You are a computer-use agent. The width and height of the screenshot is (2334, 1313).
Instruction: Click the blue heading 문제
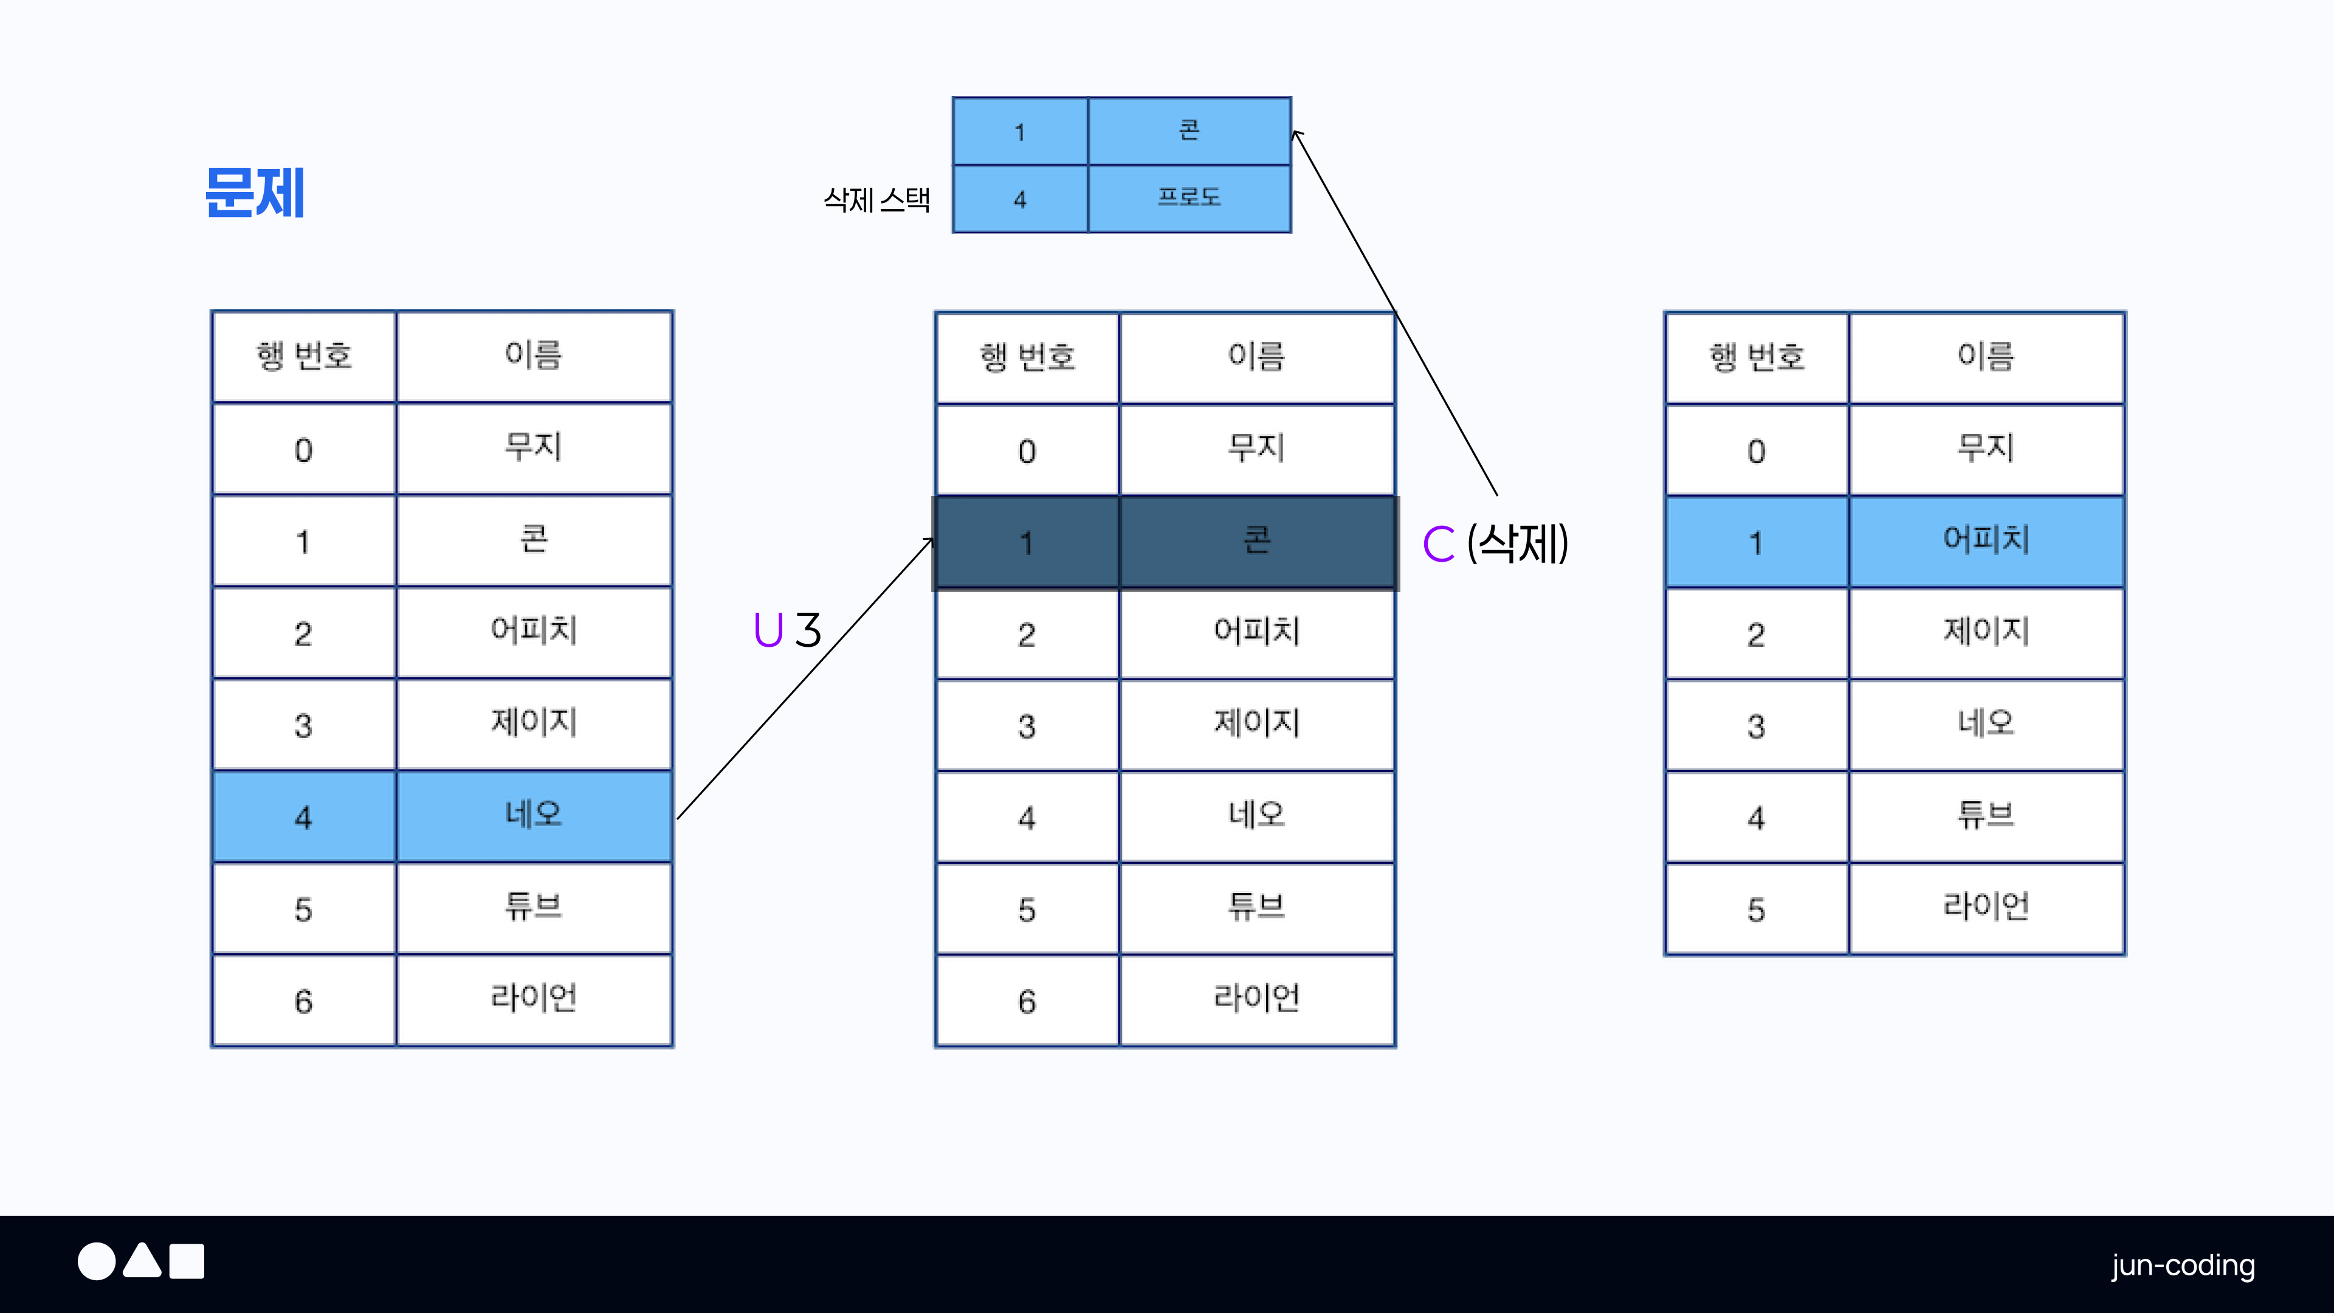(255, 193)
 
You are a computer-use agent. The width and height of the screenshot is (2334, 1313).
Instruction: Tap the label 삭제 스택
(876, 199)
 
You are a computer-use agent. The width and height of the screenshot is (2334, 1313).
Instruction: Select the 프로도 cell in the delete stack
(1189, 198)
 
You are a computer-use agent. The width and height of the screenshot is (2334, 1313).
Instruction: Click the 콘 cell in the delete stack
(1189, 131)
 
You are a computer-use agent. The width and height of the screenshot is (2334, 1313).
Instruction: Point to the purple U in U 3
(768, 630)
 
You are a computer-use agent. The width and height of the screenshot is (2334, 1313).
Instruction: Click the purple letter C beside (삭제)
(1438, 543)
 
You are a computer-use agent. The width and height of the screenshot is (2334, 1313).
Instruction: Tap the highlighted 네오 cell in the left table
(534, 816)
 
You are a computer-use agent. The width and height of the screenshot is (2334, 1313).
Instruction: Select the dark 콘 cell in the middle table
(1257, 542)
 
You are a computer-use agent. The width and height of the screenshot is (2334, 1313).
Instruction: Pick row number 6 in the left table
(303, 1001)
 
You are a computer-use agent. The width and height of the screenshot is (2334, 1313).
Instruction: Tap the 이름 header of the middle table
(1257, 357)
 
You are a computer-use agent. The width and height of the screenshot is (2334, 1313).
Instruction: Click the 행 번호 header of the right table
(1756, 357)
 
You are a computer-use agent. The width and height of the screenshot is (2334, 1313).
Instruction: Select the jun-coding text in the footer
(2183, 1265)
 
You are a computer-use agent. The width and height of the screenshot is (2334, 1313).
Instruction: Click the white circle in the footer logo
(96, 1261)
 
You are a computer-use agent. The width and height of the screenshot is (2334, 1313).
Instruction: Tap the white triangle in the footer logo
(142, 1261)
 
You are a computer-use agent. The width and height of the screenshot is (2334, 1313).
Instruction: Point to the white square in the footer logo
(187, 1261)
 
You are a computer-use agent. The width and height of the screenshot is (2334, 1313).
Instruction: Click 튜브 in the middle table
(1257, 907)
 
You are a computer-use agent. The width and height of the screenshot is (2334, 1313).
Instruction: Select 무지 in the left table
(534, 447)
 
